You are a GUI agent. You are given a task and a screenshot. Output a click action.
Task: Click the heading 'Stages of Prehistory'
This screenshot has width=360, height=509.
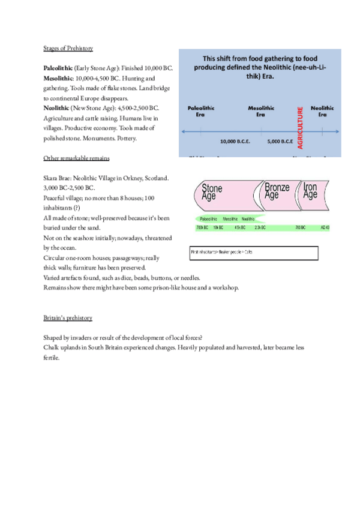click(x=68, y=48)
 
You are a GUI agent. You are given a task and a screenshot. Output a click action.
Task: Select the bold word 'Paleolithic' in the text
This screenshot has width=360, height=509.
click(x=58, y=68)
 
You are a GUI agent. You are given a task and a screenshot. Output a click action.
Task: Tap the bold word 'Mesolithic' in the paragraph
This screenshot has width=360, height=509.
click(x=57, y=78)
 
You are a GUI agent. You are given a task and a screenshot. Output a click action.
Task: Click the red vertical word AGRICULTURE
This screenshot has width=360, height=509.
click(x=301, y=128)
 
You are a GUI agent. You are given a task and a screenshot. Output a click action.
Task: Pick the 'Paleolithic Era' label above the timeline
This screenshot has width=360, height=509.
click(x=201, y=111)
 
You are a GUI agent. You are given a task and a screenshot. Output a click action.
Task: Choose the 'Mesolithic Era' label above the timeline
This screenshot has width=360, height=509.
click(x=261, y=111)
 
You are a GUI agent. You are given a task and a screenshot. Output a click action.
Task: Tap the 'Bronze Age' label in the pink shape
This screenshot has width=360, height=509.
click(x=277, y=190)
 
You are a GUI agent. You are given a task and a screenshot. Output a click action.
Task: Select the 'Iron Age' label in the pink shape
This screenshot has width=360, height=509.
click(x=310, y=190)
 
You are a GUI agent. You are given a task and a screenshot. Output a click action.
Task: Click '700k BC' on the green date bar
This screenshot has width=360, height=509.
click(x=202, y=228)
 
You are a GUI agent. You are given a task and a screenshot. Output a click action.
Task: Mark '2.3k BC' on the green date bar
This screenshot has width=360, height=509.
click(x=260, y=228)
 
